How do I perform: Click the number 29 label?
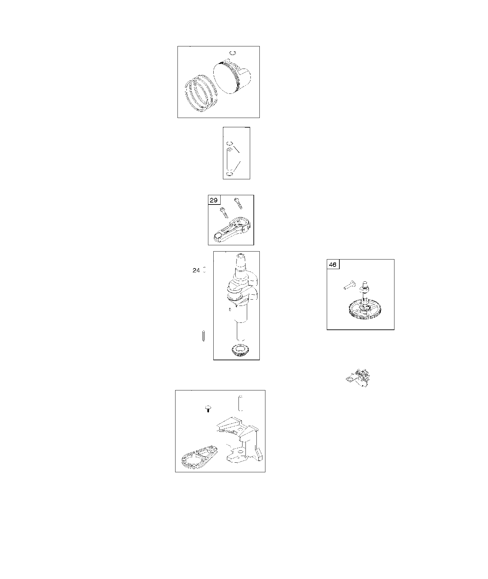(214, 200)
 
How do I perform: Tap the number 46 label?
(333, 265)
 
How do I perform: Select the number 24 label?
(196, 270)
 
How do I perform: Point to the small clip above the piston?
(233, 53)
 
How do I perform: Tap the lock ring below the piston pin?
(229, 174)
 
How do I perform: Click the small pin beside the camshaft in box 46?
(350, 285)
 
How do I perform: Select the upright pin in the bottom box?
(241, 403)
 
